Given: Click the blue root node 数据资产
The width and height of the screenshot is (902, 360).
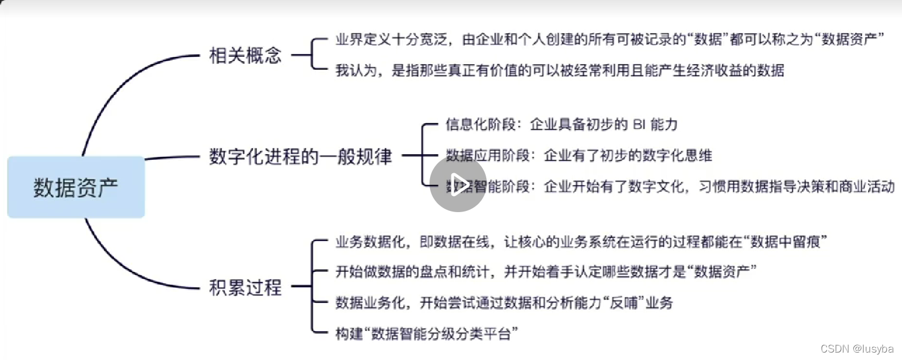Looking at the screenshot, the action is (76, 187).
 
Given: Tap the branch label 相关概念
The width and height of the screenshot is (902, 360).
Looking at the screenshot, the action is (245, 56).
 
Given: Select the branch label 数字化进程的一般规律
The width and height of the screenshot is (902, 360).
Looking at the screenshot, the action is (300, 156).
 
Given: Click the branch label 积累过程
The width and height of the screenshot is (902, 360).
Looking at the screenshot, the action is (245, 287).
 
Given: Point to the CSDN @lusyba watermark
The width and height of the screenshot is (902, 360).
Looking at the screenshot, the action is (857, 349).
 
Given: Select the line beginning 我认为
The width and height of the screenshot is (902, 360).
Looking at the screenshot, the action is (560, 71).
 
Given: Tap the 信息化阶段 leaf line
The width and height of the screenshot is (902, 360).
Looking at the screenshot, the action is (561, 124).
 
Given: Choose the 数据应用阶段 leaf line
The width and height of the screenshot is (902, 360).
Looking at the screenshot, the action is (579, 155).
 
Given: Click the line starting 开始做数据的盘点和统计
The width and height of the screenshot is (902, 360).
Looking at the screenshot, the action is (545, 272).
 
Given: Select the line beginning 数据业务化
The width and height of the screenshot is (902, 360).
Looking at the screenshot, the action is (504, 303).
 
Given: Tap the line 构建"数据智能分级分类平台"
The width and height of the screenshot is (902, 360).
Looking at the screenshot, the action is (427, 334).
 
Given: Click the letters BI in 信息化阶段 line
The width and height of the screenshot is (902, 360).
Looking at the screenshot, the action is (639, 124).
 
